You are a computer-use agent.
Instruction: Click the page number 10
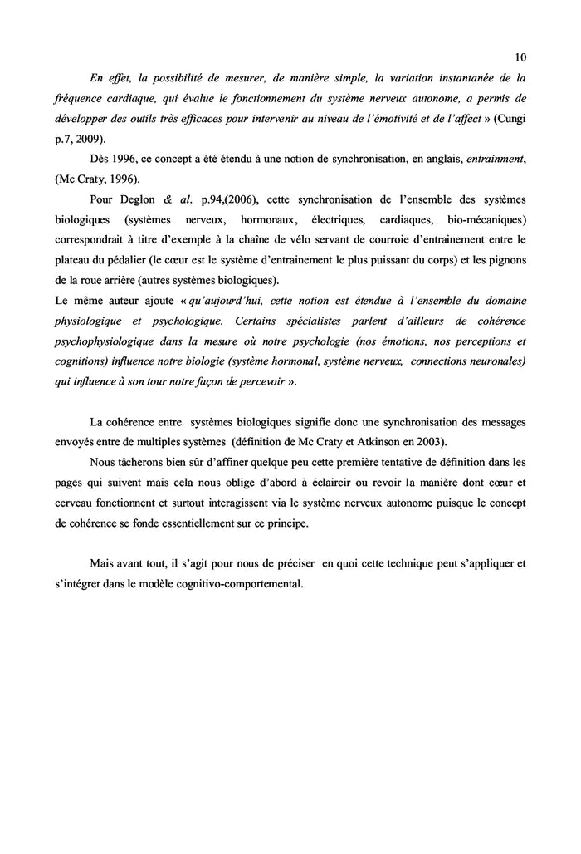[x=520, y=57]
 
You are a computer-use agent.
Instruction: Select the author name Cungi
[x=513, y=119]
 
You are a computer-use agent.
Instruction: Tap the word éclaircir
[x=372, y=482]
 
